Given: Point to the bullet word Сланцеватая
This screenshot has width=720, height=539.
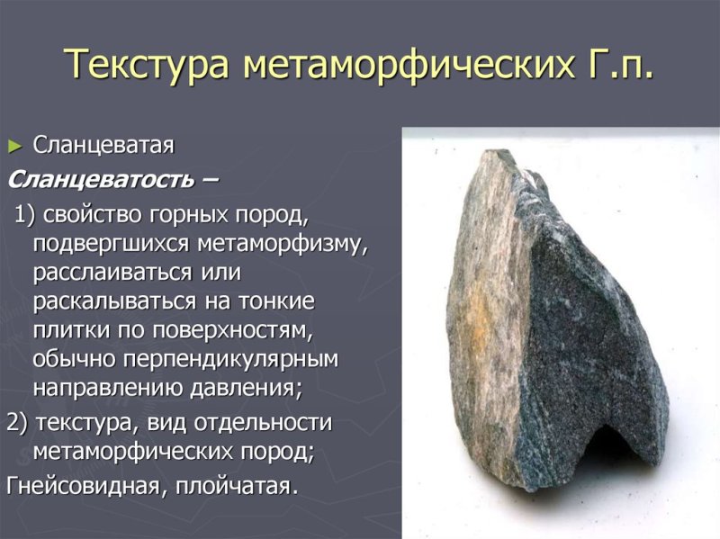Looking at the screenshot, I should pyautogui.click(x=103, y=145).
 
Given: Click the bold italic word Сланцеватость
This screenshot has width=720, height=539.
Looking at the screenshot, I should pyautogui.click(x=99, y=178).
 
